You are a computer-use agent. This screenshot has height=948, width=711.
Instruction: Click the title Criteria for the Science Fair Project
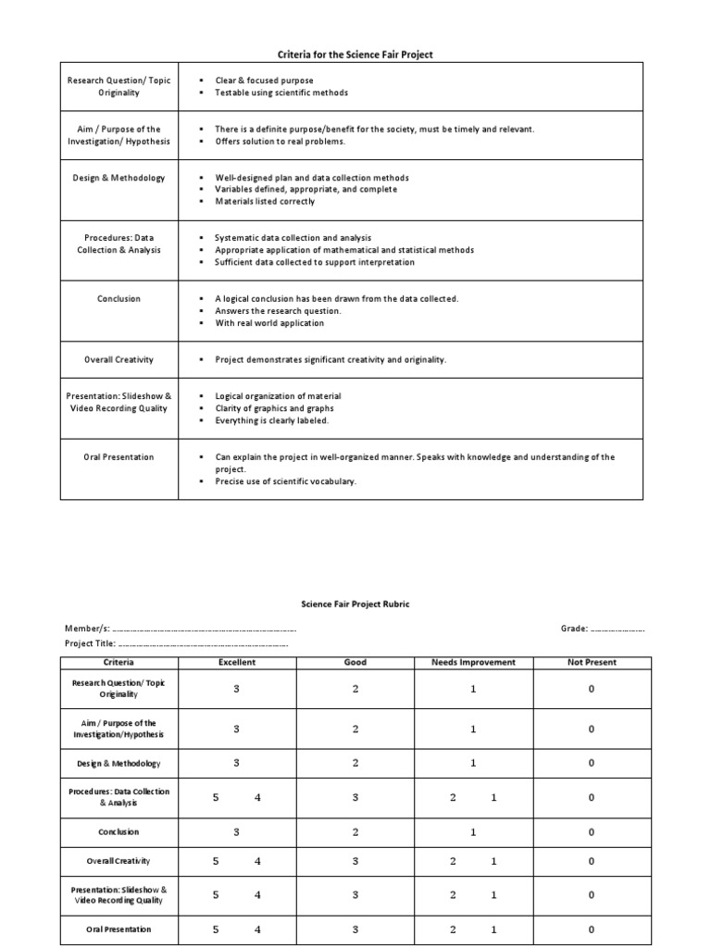[x=356, y=55]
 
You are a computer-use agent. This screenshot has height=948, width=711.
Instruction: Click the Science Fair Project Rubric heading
[x=355, y=604]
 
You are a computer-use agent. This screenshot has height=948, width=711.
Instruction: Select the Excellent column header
[x=237, y=662]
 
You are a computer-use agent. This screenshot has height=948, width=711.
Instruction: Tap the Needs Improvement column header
[x=473, y=662]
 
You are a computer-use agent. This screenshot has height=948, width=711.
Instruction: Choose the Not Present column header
[x=592, y=662]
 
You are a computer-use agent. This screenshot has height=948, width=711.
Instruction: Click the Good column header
[x=355, y=662]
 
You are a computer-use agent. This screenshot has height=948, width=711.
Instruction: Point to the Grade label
[x=574, y=629]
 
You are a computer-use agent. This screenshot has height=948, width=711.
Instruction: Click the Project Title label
[x=90, y=643]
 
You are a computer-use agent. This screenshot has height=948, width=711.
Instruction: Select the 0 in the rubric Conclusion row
[x=592, y=832]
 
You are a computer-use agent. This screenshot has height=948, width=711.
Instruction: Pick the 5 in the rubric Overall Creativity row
[x=215, y=861]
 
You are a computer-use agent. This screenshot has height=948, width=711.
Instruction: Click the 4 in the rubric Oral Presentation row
[x=258, y=929]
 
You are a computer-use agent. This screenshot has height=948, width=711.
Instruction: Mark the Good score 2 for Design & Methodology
[x=355, y=763]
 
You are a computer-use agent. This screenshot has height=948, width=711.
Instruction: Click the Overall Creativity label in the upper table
[x=119, y=359]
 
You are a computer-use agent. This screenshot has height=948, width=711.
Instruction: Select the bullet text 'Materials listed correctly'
[x=265, y=201]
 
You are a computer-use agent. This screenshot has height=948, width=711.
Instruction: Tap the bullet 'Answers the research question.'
[x=278, y=311]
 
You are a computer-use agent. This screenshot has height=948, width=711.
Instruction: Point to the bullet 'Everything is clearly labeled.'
[x=272, y=420]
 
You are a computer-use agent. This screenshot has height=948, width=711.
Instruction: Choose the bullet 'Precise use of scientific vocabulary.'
[x=285, y=481]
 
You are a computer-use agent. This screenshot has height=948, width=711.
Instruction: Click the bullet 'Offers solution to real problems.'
[x=280, y=141]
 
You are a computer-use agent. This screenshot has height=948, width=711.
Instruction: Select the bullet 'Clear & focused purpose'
[x=264, y=81]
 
